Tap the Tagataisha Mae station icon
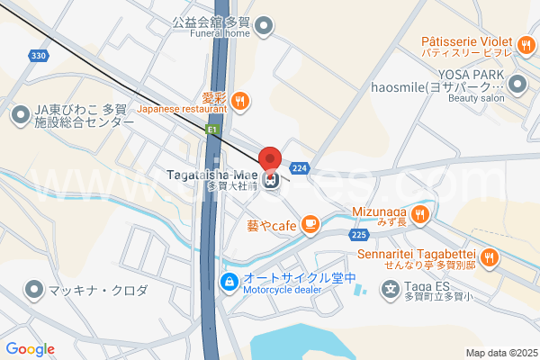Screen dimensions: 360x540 [271, 179]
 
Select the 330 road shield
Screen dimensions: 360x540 [37, 56]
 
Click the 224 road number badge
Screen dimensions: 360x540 [300, 168]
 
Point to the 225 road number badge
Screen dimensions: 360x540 [359, 235]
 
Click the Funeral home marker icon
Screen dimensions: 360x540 [262, 26]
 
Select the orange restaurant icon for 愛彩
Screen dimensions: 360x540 [239, 102]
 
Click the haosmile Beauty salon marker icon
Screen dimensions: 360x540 [517, 85]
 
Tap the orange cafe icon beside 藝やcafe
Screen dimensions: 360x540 [310, 223]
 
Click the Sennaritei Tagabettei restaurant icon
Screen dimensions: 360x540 [489, 257]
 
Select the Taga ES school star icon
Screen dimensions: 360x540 [390, 289]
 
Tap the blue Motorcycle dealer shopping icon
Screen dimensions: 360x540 [231, 282]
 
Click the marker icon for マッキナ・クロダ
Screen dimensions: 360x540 [34, 290]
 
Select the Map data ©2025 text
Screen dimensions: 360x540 [499, 353]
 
